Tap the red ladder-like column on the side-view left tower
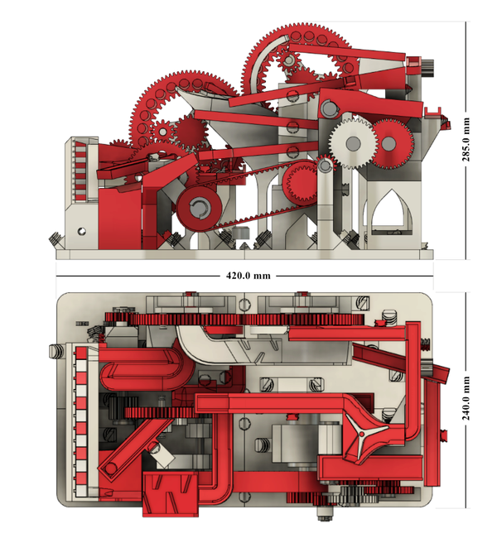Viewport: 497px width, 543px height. pyautogui.click(x=80, y=170)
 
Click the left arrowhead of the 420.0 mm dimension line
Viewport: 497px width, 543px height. pyautogui.click(x=60, y=274)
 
